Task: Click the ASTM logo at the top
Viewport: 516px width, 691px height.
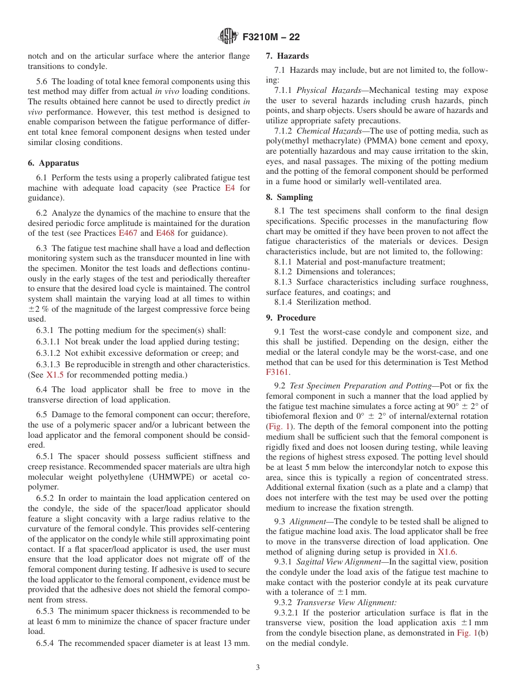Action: [x=228, y=36]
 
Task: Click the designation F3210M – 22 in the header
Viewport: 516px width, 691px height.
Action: [x=271, y=37]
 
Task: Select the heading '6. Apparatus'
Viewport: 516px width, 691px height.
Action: [x=53, y=163]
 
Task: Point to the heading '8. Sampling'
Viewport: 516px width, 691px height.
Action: [x=289, y=197]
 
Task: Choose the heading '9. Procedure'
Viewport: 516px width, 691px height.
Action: [x=291, y=318]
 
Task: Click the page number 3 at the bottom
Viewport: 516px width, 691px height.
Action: [x=258, y=667]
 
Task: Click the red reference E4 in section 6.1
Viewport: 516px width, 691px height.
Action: [x=230, y=188]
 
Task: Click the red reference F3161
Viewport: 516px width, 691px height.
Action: [x=278, y=372]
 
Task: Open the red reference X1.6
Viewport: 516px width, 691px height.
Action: [x=447, y=551]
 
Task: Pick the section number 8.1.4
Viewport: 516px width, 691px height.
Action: [x=284, y=302]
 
